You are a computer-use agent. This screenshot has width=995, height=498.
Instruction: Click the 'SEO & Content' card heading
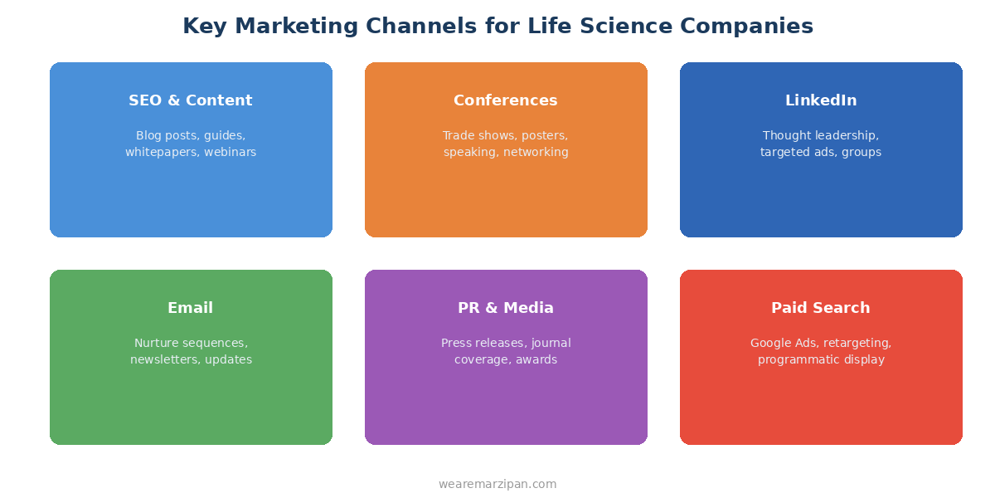click(x=191, y=100)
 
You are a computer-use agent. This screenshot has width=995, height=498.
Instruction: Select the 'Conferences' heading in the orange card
click(x=506, y=100)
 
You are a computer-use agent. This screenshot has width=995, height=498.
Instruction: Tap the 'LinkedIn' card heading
click(x=821, y=100)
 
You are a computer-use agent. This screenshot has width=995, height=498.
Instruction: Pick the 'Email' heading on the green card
click(x=191, y=308)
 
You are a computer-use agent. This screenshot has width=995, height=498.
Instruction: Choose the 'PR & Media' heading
click(x=506, y=308)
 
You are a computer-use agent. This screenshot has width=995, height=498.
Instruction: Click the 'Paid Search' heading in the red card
click(x=821, y=308)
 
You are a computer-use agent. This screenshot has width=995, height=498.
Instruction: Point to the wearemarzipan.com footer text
click(x=498, y=484)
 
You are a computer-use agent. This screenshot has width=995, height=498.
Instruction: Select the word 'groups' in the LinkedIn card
click(x=862, y=153)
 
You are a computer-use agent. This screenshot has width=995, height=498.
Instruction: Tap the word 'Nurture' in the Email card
click(x=155, y=343)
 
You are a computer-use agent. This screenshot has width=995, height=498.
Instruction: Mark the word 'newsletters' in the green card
click(x=163, y=360)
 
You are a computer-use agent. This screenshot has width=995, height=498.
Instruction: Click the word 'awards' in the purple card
click(x=536, y=360)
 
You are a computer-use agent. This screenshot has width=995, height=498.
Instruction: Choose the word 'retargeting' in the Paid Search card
click(x=857, y=343)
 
